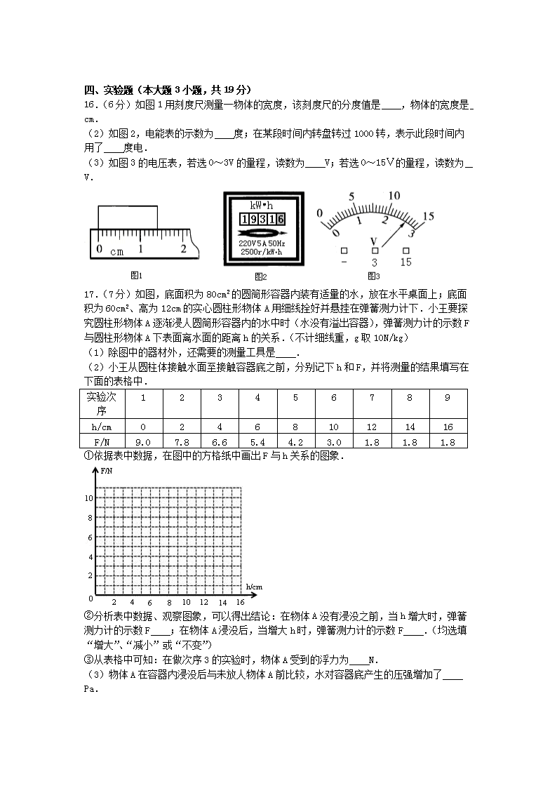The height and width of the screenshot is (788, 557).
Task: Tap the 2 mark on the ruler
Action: point(184,248)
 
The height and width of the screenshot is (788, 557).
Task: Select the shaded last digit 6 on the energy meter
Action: point(281,219)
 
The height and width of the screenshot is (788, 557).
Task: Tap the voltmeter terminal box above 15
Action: point(405,250)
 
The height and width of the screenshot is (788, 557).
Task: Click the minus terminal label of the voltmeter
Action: point(344,262)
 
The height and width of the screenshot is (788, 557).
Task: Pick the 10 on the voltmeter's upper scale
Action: point(394,196)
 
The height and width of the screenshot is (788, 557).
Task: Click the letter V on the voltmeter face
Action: point(374,241)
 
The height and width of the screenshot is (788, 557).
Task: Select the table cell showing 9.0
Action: point(143,442)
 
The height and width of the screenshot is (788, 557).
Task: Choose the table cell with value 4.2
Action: point(295,442)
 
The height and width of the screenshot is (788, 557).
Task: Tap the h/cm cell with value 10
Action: point(333,427)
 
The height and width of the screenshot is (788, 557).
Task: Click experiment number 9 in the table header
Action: point(448,398)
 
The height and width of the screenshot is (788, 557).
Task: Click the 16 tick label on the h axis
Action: point(240,602)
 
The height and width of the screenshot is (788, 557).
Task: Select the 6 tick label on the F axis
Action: point(90,537)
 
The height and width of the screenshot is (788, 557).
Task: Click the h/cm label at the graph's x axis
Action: point(254,586)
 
